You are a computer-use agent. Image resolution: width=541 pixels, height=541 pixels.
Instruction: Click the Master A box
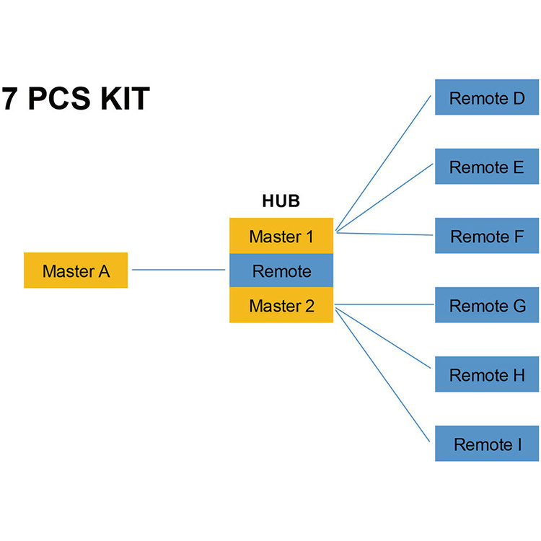click(x=76, y=270)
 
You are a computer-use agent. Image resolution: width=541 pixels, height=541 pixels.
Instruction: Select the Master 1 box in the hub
click(x=281, y=236)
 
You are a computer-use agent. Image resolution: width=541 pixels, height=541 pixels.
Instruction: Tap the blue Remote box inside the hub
click(x=281, y=271)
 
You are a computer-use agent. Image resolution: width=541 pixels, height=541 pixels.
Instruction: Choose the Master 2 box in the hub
click(x=281, y=306)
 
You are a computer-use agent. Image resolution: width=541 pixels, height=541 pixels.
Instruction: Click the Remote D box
click(x=487, y=98)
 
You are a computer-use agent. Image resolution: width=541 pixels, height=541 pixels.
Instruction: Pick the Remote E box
click(x=487, y=167)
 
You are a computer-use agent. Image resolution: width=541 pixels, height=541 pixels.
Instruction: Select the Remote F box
click(x=487, y=236)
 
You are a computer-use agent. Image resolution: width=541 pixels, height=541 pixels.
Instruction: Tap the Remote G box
click(x=487, y=305)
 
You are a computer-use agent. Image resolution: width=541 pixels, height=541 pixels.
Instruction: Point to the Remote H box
click(x=487, y=375)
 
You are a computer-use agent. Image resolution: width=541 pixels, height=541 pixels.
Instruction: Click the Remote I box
click(x=487, y=444)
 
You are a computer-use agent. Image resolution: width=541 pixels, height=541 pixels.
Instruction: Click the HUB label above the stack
click(x=281, y=201)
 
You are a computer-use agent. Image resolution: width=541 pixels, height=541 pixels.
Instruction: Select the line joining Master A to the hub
click(x=178, y=270)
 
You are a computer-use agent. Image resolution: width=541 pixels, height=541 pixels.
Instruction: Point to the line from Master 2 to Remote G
click(x=384, y=305)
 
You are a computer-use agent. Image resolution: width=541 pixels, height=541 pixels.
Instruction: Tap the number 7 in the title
click(x=9, y=99)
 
